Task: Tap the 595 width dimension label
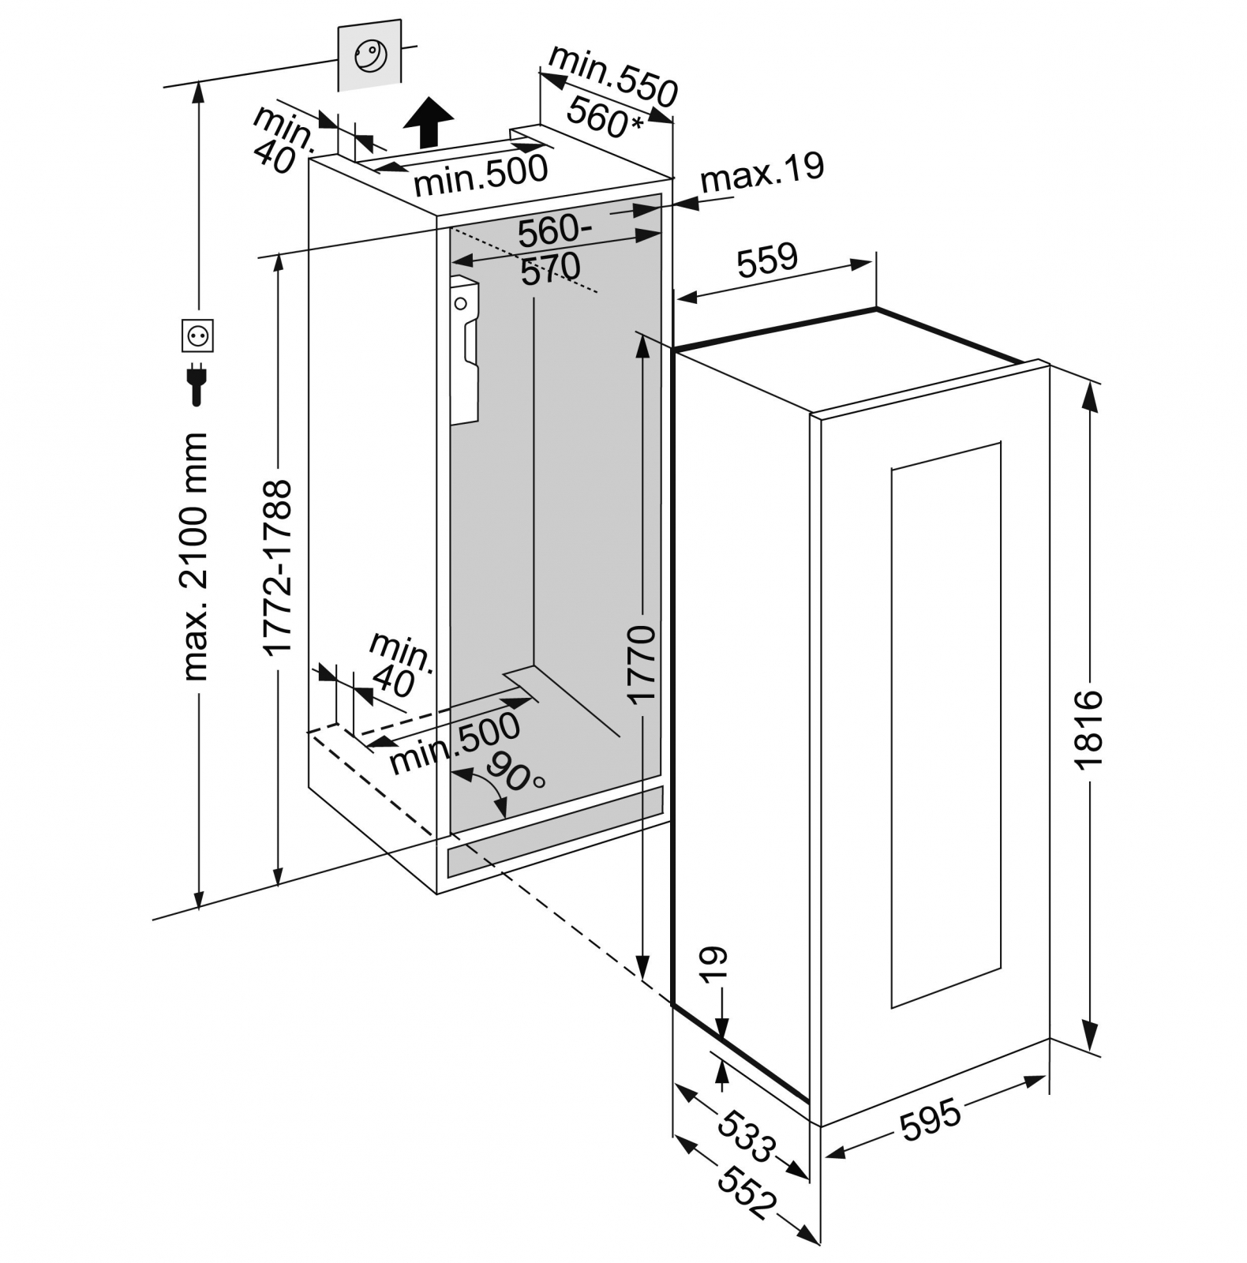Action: coord(931,1119)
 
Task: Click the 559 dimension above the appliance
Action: coord(768,260)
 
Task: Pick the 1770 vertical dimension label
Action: coord(642,663)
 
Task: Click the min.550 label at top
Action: coord(613,76)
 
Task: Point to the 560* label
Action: coord(605,119)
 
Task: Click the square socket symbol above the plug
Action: coord(197,336)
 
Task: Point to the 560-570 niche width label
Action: coord(552,249)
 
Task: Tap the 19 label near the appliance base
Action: coord(713,965)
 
